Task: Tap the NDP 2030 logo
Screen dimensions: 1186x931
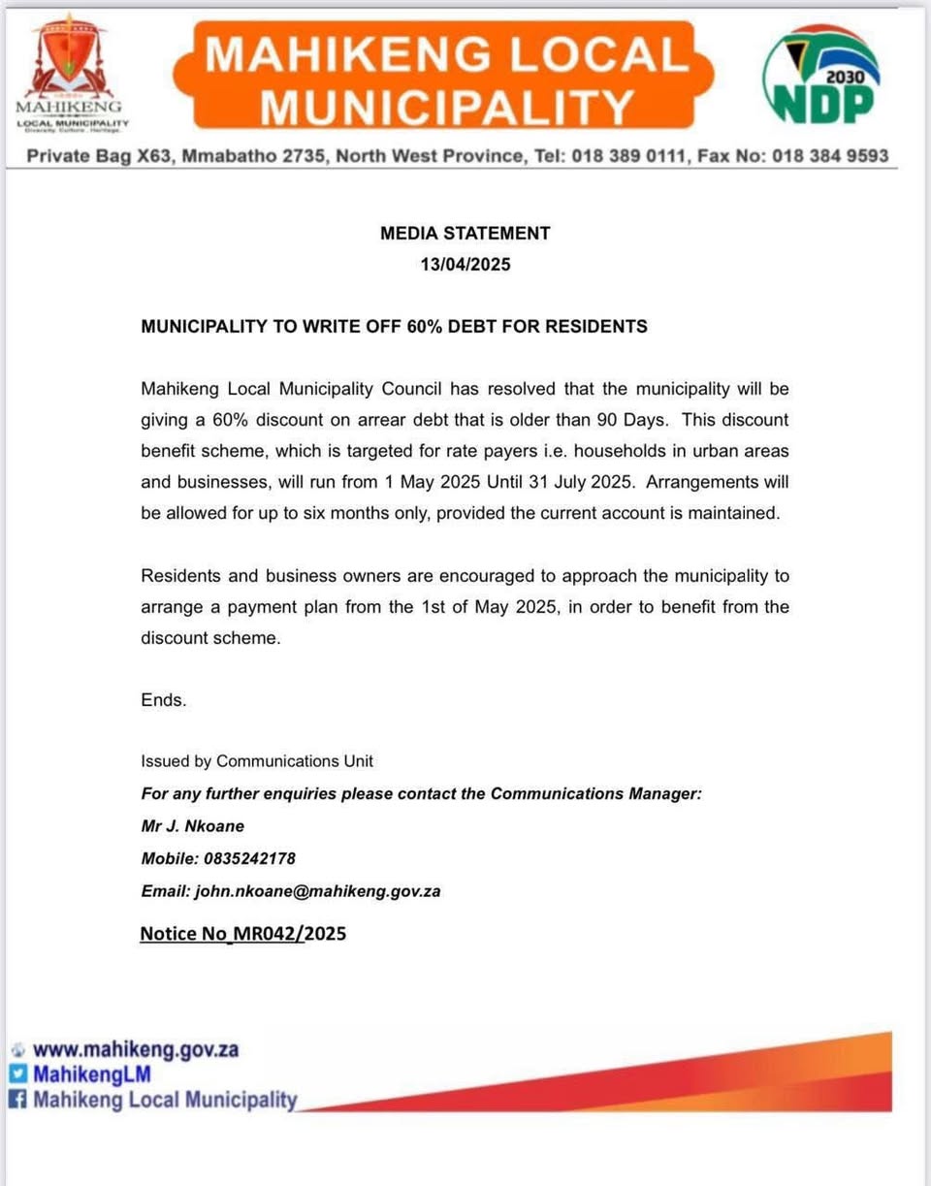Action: [821, 75]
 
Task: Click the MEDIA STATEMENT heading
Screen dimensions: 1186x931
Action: [465, 233]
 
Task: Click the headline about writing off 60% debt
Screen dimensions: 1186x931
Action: [394, 327]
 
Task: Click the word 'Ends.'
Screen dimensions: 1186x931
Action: [164, 699]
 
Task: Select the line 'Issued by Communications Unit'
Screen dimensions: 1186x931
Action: [257, 761]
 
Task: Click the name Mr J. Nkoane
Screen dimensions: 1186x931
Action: [193, 826]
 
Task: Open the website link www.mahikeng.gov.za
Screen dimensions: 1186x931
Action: [136, 1049]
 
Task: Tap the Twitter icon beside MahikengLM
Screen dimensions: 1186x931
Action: [17, 1074]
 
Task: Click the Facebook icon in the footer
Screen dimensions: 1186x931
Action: [17, 1100]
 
